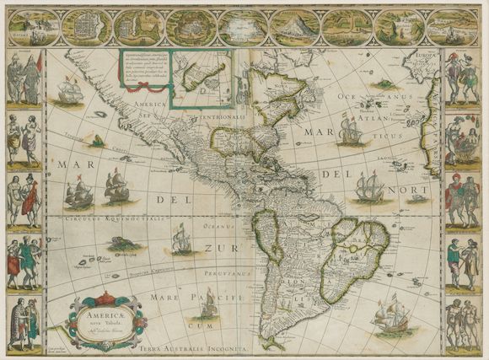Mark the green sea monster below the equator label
[x=123, y=243]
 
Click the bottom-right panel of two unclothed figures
[x=463, y=324]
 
